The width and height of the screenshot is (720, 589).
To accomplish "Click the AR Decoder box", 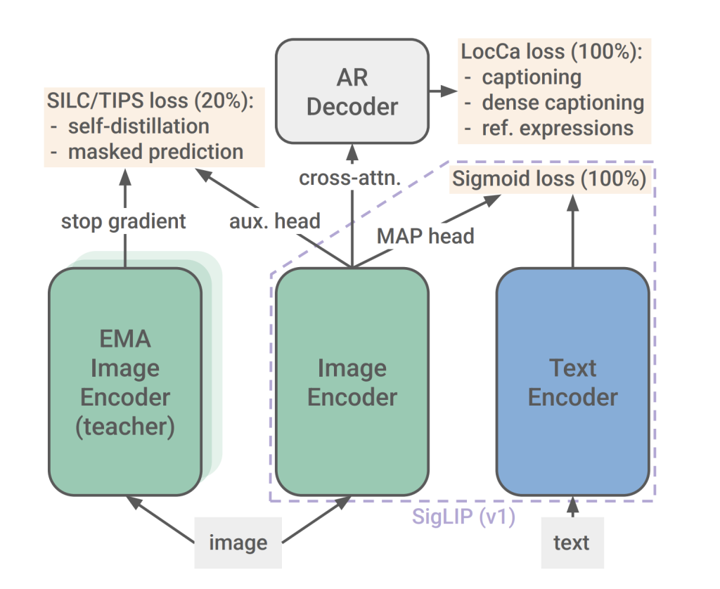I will point(352,91).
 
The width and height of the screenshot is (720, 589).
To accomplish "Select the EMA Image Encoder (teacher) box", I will point(125,382).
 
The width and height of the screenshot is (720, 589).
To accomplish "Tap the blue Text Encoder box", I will point(573,382).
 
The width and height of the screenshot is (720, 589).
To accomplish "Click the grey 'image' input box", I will point(238,543).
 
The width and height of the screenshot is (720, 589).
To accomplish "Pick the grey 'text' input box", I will point(572,543).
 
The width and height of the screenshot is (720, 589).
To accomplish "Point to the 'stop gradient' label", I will point(124,221).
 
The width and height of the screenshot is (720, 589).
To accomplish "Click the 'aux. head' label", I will point(275,221).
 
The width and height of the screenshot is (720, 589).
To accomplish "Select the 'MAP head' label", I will point(425,235).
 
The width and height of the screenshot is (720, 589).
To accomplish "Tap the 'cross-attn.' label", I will point(349,179).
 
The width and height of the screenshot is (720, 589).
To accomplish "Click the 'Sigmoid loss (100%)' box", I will point(548,179).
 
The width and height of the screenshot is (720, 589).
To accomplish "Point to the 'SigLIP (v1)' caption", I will point(465,518).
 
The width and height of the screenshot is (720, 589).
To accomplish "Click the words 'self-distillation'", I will point(139,127).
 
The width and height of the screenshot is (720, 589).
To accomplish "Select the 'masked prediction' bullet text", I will point(155,151).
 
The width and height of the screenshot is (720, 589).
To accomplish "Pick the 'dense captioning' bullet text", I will point(562,103).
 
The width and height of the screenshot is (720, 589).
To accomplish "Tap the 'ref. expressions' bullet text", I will point(558,128).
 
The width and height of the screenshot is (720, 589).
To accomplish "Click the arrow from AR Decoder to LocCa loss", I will point(441,91).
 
